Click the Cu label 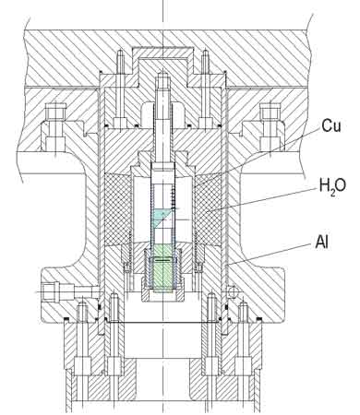tap(331, 125)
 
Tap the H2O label tap(332, 185)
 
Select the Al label tap(321, 242)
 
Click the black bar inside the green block tap(163, 260)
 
